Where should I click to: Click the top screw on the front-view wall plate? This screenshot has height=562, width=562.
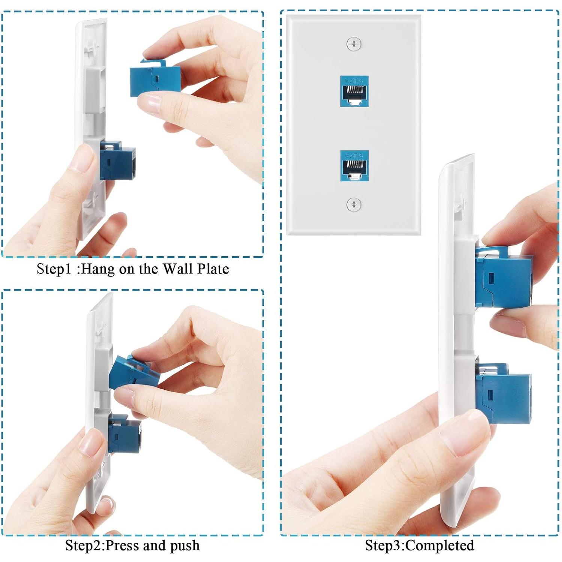354,44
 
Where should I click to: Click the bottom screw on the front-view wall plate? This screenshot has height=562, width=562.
354,205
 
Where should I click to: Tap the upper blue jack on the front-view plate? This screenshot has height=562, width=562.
354,91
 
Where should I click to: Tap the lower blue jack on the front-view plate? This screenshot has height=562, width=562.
354,166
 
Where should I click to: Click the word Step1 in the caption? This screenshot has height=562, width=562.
54,269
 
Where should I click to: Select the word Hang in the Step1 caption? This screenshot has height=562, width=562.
98,269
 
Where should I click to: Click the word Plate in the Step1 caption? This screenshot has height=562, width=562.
213,269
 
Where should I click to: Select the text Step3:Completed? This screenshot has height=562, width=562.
419,546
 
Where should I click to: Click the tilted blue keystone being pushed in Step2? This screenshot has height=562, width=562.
133,373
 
